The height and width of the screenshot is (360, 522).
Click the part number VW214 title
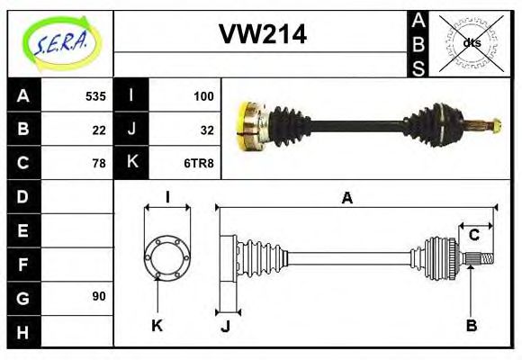coord(263,35)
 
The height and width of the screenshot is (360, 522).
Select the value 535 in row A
coord(95,95)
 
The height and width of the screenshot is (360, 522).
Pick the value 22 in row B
coord(99,129)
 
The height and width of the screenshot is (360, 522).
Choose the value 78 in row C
coord(99,163)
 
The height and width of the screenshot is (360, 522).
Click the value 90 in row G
coord(99,296)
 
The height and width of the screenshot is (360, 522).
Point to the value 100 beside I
coord(202,95)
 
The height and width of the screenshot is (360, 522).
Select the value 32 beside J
coord(206,129)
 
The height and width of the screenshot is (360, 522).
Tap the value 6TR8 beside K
coord(200,163)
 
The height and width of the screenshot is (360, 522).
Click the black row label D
coord(22,196)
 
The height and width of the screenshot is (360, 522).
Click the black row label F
coord(22,264)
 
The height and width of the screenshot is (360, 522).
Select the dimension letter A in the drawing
coord(346,198)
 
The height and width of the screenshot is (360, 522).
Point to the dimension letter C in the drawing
coord(473,236)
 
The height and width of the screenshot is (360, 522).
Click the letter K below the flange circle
coord(157,325)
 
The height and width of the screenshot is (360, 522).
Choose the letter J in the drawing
coord(225,326)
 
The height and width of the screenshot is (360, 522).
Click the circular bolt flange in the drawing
coord(166,256)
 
